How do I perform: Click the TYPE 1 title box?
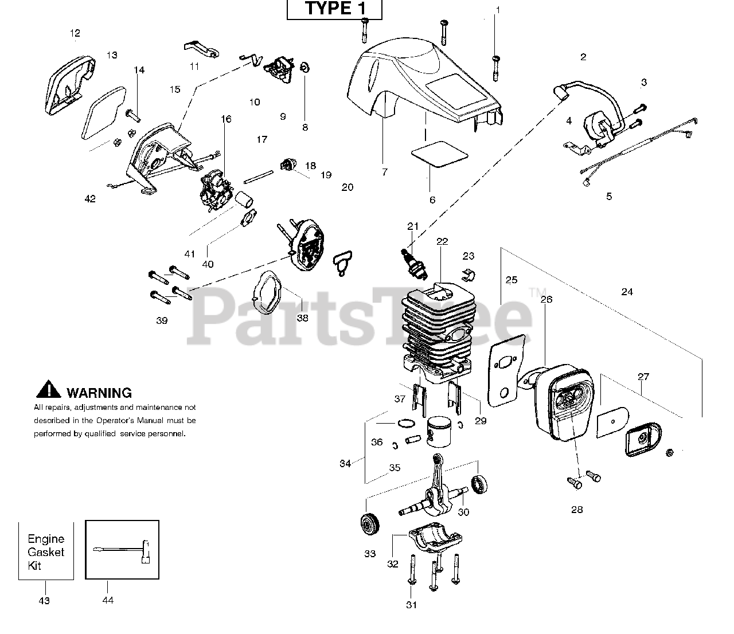pyautogui.click(x=334, y=9)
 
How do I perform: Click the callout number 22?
pyautogui.click(x=442, y=241)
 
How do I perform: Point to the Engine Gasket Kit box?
pyautogui.click(x=46, y=551)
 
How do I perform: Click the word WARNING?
pyautogui.click(x=99, y=393)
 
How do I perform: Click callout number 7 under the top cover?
pyautogui.click(x=384, y=171)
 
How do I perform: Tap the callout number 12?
pyautogui.click(x=75, y=33)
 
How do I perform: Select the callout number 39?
pyautogui.click(x=162, y=320)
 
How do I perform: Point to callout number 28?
pyautogui.click(x=577, y=510)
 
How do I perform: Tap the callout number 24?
pyautogui.click(x=627, y=292)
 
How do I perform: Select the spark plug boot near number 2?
pyautogui.click(x=560, y=93)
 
